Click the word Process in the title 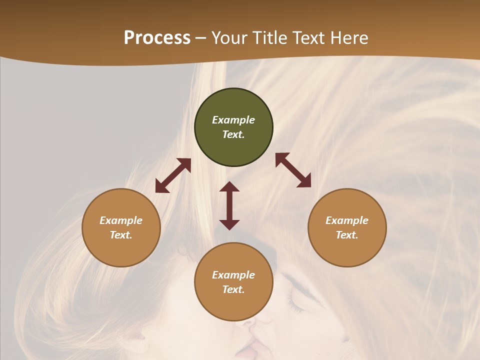[x=157, y=38]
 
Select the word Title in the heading [x=271, y=38]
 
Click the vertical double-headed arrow [x=229, y=205]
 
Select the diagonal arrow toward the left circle [x=173, y=175]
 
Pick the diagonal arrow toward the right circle [x=293, y=170]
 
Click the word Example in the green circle [x=233, y=120]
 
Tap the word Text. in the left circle [x=121, y=235]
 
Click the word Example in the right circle [x=347, y=220]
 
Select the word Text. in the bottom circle [x=233, y=289]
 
